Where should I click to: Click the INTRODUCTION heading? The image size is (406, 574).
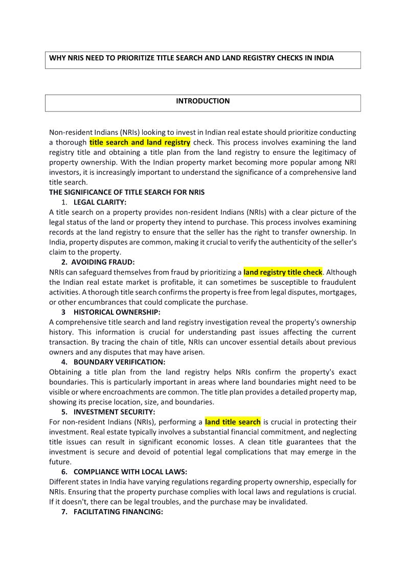202,101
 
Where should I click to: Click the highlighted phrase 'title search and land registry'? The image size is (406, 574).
140,143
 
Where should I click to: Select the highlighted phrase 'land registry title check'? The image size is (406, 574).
283,272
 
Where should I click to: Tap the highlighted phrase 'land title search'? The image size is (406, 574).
233,422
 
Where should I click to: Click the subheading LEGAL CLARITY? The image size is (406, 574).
100,202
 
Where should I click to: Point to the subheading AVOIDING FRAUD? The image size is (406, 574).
103,262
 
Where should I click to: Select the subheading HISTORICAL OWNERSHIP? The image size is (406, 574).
117,312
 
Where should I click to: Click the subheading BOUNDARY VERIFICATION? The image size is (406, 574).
119,362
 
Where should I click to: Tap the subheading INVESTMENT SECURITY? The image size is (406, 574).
115,412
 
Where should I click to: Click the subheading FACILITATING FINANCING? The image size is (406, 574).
118,512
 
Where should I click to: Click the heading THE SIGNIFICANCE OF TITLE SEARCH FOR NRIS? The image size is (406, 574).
127,193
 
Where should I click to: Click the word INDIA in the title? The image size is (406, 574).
323,58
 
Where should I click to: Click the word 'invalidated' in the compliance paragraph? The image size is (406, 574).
287,502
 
